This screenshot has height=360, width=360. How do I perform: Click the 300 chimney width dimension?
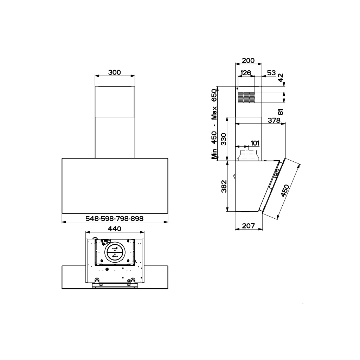tap(115, 72)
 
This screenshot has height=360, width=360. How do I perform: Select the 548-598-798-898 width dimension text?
tap(114, 219)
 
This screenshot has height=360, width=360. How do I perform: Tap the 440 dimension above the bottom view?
tap(115, 229)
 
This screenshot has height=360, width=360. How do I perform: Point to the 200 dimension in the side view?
tap(248, 60)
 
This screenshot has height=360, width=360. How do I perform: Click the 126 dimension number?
tap(246, 73)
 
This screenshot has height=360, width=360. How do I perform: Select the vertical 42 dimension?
tap(281, 78)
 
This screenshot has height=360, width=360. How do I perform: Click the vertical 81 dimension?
tap(281, 112)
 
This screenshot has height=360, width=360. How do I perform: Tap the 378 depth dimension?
tap(274, 120)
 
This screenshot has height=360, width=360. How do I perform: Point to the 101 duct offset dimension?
tap(255, 143)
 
